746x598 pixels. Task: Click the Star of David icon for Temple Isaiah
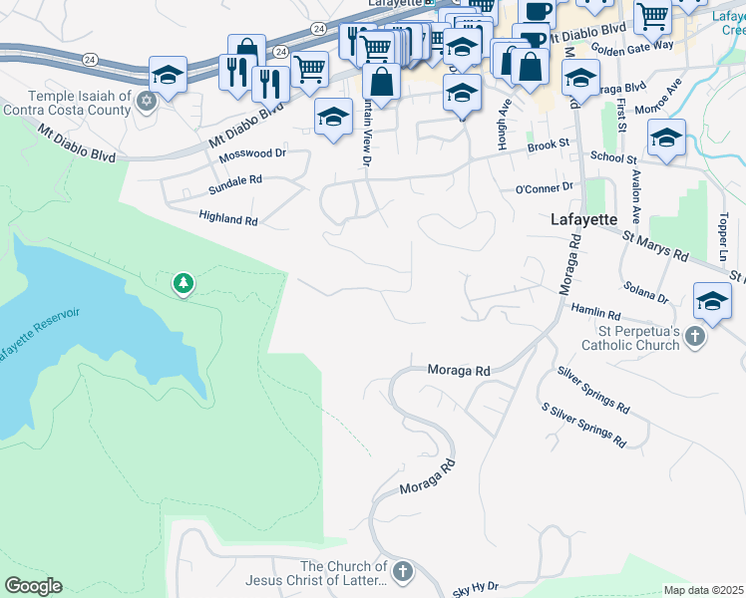(148, 101)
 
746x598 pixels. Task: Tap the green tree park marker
(183, 284)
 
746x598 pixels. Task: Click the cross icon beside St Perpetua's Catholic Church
(696, 339)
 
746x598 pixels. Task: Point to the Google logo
(33, 586)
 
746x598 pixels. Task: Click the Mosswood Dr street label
(252, 154)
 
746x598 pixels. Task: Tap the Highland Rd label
(227, 217)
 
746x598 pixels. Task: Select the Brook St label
(548, 145)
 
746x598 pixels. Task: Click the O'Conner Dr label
(544, 186)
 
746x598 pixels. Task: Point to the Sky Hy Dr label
(475, 590)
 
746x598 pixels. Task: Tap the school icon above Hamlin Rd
(712, 299)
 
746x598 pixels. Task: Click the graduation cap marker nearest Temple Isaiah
(168, 75)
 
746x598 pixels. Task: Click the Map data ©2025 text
(703, 590)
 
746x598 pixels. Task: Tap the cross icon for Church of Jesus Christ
(402, 572)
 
